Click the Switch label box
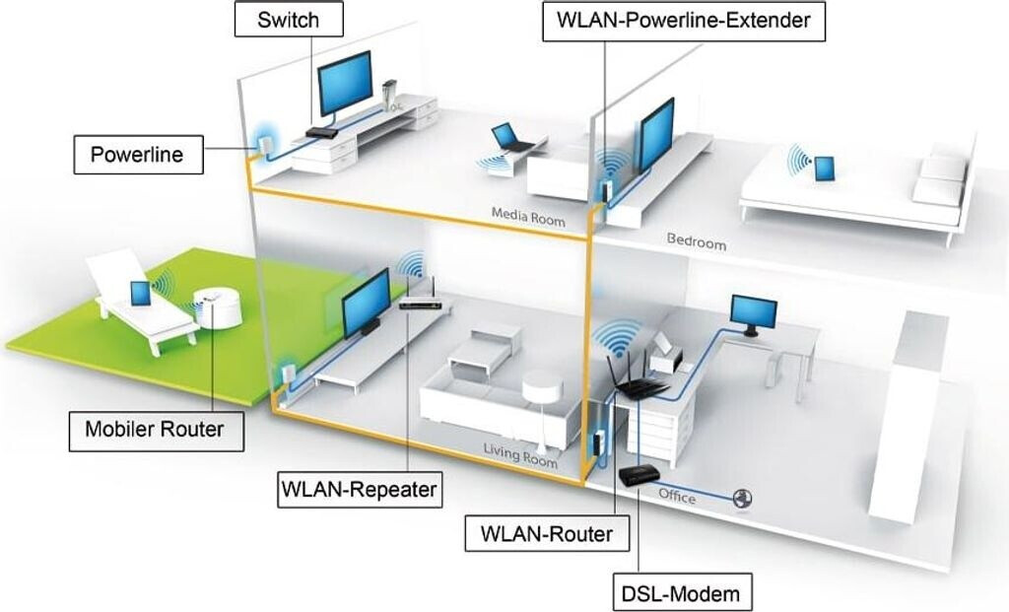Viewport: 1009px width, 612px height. pos(289,20)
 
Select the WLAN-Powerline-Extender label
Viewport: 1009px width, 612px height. pos(684,21)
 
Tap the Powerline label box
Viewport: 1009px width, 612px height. pos(138,155)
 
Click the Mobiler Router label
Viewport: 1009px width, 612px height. pos(157,430)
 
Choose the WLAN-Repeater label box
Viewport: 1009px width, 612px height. pos(360,490)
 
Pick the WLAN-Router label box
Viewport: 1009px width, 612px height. pos(547,533)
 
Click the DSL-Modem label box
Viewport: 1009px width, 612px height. pos(683,592)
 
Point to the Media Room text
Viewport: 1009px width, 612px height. pos(528,217)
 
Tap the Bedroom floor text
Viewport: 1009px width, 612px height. pos(697,241)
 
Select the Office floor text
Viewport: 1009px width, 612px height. pos(677,496)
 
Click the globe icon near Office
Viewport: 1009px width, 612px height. pos(743,498)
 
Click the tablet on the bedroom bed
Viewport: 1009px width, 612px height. pos(824,169)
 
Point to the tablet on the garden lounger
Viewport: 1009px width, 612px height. pos(140,294)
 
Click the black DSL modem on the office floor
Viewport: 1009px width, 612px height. pos(639,476)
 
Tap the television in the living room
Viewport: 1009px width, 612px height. pos(365,304)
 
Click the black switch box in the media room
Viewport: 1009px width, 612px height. pos(322,133)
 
